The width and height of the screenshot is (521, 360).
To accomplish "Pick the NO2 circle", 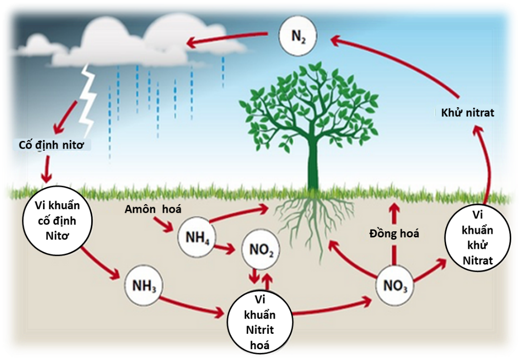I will pyautogui.click(x=261, y=250).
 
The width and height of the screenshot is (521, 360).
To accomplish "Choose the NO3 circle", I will pyautogui.click(x=395, y=285).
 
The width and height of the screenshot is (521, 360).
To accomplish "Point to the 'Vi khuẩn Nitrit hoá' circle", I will pyautogui.click(x=260, y=321).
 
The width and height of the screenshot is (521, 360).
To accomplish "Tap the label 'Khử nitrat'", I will pyautogui.click(x=468, y=112).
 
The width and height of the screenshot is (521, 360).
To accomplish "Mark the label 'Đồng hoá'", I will pyautogui.click(x=394, y=234).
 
